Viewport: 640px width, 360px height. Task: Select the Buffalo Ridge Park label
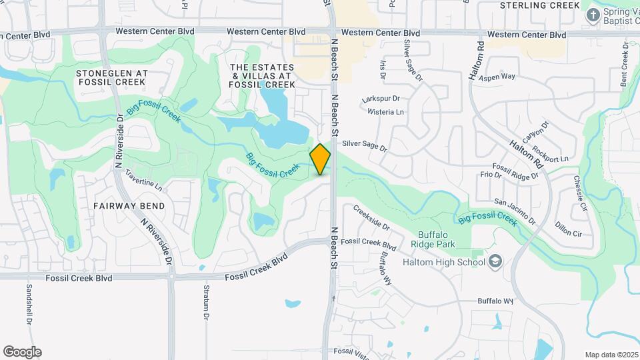[x=437, y=239]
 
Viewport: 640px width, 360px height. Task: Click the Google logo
[x=22, y=352]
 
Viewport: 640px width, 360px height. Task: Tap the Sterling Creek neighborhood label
[x=540, y=5]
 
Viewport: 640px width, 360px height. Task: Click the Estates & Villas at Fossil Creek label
[x=262, y=76]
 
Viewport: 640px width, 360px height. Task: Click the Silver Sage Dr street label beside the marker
[x=364, y=144]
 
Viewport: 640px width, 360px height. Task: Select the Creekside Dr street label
[x=372, y=217]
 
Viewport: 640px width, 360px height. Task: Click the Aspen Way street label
[x=499, y=77]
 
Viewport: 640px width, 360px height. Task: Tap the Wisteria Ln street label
[x=391, y=112]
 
